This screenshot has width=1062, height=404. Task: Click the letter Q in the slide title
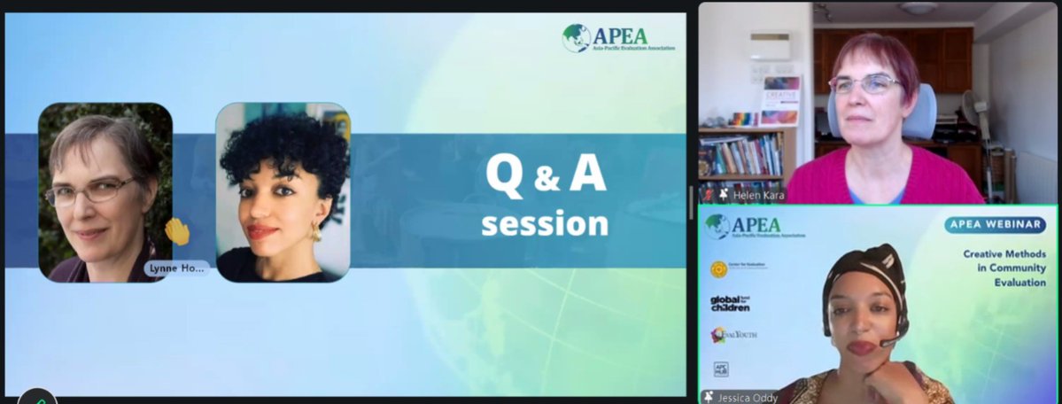(x=507, y=175)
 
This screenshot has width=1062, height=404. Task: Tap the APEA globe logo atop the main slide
(x=577, y=37)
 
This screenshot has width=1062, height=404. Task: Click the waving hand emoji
(x=177, y=232)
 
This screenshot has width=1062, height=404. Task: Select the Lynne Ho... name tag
(x=177, y=268)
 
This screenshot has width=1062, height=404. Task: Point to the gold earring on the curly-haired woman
(x=314, y=232)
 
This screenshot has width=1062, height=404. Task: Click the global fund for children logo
(x=731, y=304)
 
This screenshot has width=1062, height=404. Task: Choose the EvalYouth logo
(x=734, y=334)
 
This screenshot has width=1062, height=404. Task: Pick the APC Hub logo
(x=721, y=369)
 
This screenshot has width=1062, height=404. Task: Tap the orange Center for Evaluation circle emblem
(x=718, y=267)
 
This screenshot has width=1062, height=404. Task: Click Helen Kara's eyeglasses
(x=864, y=84)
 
